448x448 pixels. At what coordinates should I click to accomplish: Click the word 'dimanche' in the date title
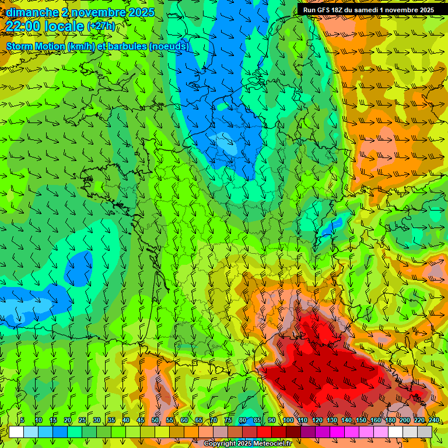(29, 12)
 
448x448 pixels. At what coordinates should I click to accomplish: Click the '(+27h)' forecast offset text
(101, 26)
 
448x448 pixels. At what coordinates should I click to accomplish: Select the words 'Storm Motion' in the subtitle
(36, 46)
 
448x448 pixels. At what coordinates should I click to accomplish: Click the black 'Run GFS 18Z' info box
(373, 9)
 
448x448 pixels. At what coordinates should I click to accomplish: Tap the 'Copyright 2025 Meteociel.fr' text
(247, 444)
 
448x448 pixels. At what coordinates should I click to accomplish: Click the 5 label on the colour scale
(22, 421)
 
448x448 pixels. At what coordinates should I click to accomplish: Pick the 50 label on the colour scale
(155, 421)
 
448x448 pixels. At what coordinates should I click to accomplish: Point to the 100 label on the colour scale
(288, 421)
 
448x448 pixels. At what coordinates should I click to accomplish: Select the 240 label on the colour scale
(434, 421)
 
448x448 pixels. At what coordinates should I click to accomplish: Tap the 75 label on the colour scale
(228, 421)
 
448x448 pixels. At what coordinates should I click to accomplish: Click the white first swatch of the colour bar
(16, 432)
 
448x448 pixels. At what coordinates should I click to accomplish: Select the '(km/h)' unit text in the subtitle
(83, 46)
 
